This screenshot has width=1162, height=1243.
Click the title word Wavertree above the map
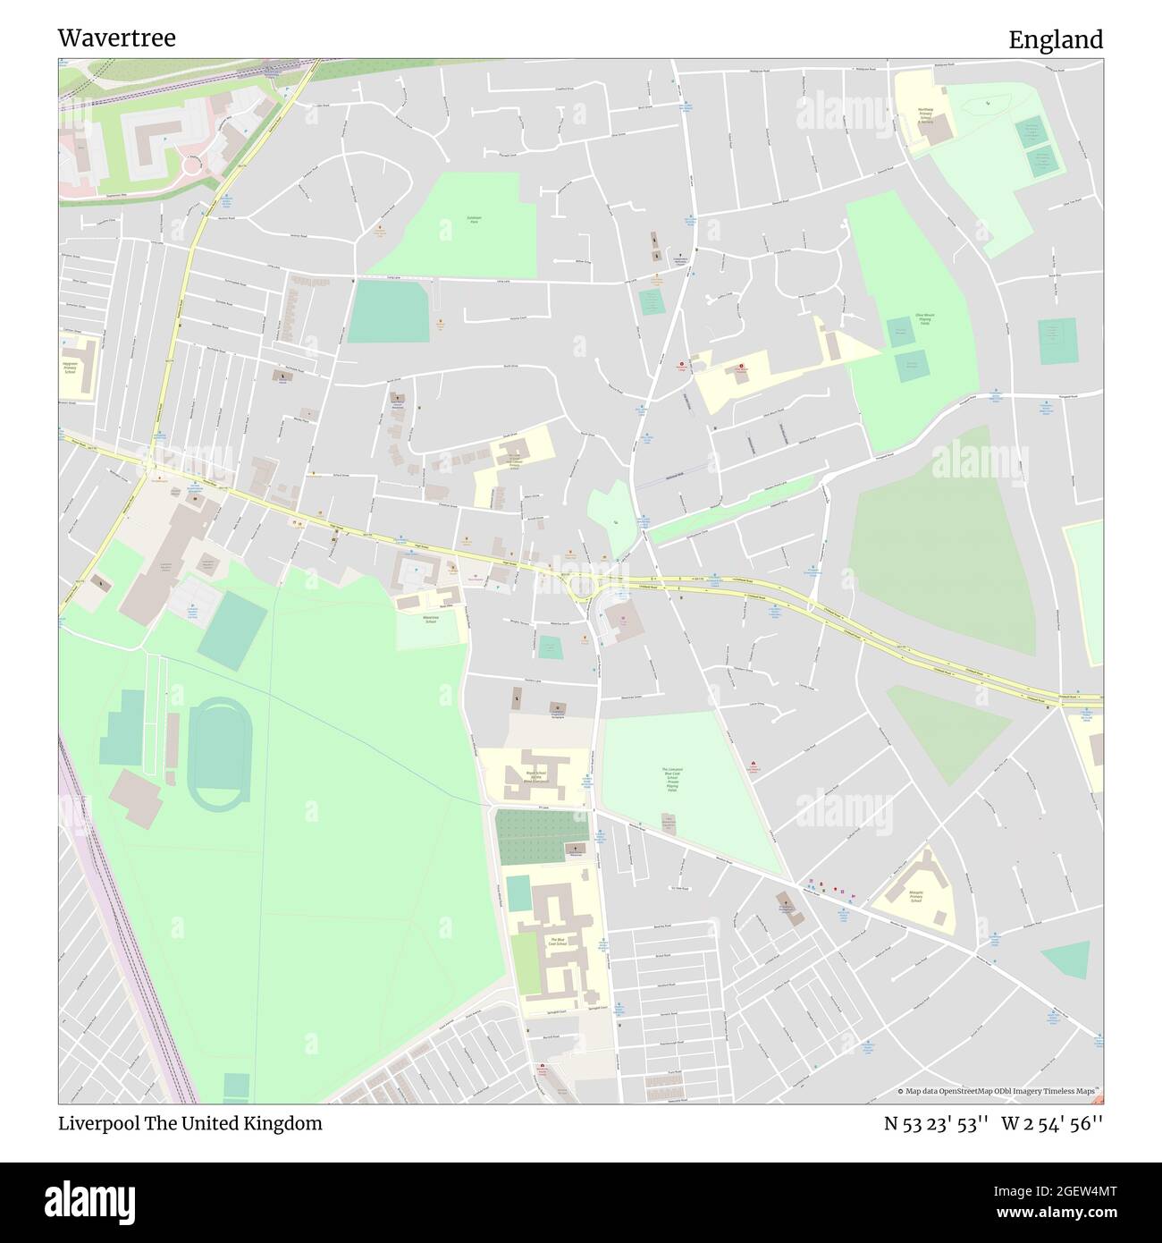(x=116, y=38)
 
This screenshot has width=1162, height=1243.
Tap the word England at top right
(x=1056, y=39)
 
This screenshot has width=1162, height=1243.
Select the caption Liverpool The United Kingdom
(x=189, y=1123)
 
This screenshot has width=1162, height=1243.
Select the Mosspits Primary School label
(x=915, y=895)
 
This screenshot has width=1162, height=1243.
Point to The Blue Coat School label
(x=559, y=943)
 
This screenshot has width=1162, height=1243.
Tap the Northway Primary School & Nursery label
(x=925, y=114)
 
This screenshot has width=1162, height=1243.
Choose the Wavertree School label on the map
(x=430, y=619)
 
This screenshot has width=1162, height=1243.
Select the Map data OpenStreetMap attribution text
(x=1000, y=1091)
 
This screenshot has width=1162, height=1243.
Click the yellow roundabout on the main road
(x=584, y=588)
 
